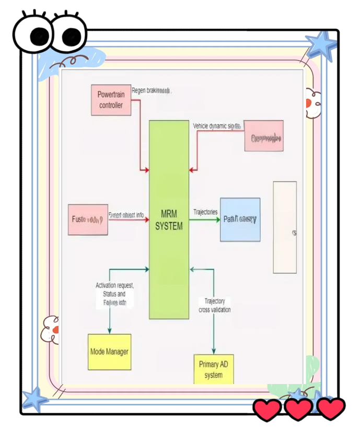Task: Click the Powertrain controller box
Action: click(111, 100)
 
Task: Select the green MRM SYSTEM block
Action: click(169, 219)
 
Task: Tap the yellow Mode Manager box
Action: click(109, 352)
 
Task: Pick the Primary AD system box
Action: click(213, 370)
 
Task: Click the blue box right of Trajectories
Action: click(240, 219)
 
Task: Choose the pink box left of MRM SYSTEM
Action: click(88, 219)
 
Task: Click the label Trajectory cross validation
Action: click(214, 306)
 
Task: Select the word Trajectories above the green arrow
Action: click(205, 212)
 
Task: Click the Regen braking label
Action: click(151, 90)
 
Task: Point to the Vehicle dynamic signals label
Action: click(217, 126)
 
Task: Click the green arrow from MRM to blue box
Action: click(204, 219)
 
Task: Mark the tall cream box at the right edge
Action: click(285, 227)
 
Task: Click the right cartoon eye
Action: click(68, 36)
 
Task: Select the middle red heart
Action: click(298, 409)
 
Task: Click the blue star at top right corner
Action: click(320, 44)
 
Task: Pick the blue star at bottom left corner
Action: click(34, 399)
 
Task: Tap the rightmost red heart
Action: click(331, 409)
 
